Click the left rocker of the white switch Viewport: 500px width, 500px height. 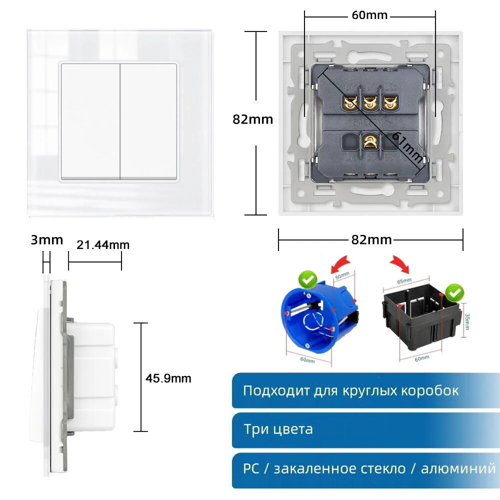90,121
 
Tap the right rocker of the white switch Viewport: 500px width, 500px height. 149,121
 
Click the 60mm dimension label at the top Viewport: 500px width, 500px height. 369,15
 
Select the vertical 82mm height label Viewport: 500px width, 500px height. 253,119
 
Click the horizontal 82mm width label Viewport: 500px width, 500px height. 371,239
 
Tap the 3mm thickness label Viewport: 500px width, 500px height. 47,240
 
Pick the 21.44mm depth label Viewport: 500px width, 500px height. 103,244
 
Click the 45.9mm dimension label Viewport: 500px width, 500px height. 168,378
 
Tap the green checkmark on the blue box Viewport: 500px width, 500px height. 306,279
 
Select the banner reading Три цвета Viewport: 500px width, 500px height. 365,429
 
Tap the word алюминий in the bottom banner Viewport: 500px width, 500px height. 458,468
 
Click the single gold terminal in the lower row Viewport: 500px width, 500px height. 370,142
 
